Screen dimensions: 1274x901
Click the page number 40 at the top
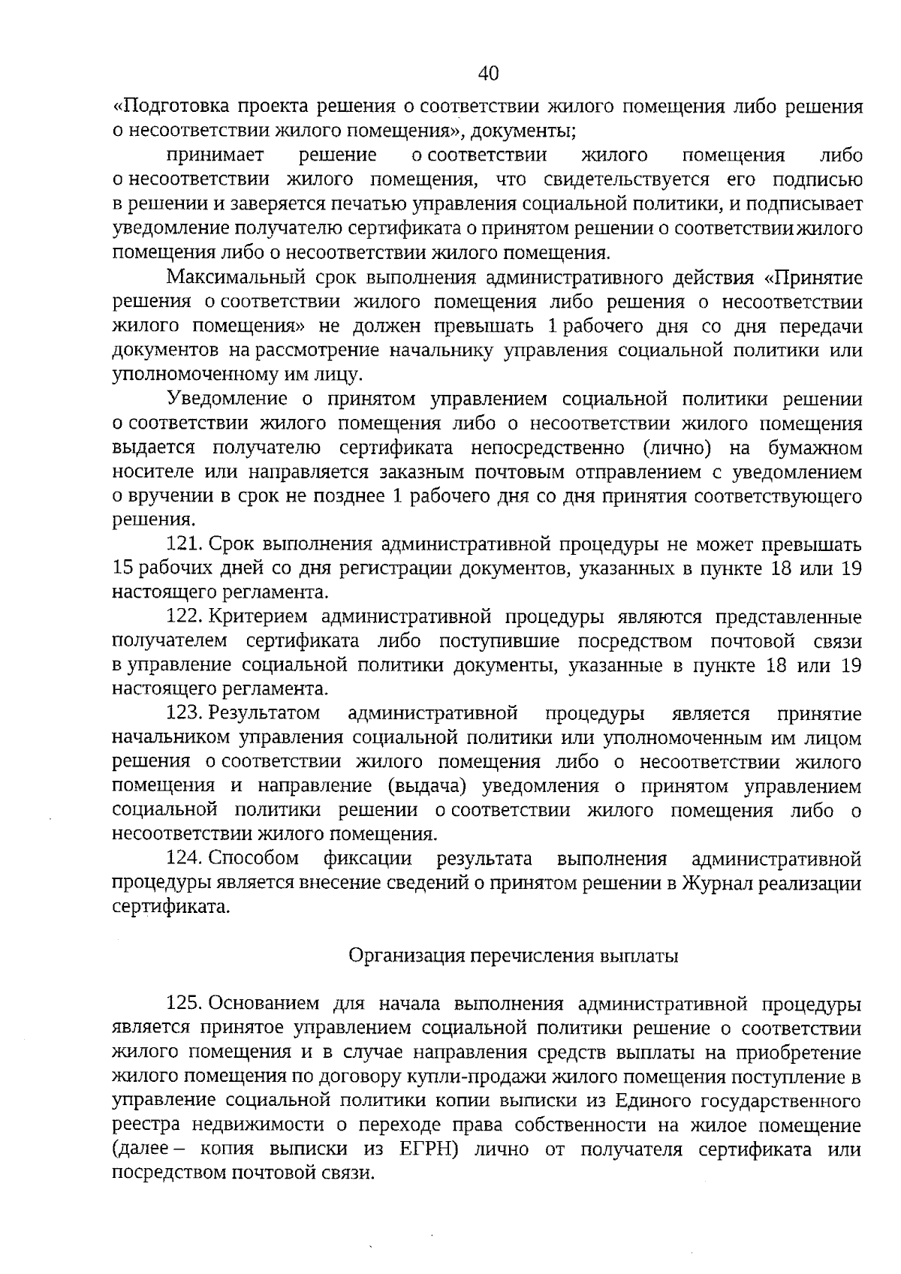[487, 74]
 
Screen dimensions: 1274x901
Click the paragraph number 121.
[184, 544]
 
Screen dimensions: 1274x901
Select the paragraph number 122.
[184, 617]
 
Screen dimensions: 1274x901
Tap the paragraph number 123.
[184, 712]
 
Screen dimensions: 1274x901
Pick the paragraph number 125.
[184, 1003]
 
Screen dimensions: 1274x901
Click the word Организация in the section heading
[405, 956]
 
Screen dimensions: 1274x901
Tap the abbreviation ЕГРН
[422, 1149]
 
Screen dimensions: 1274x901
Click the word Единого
[652, 1101]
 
